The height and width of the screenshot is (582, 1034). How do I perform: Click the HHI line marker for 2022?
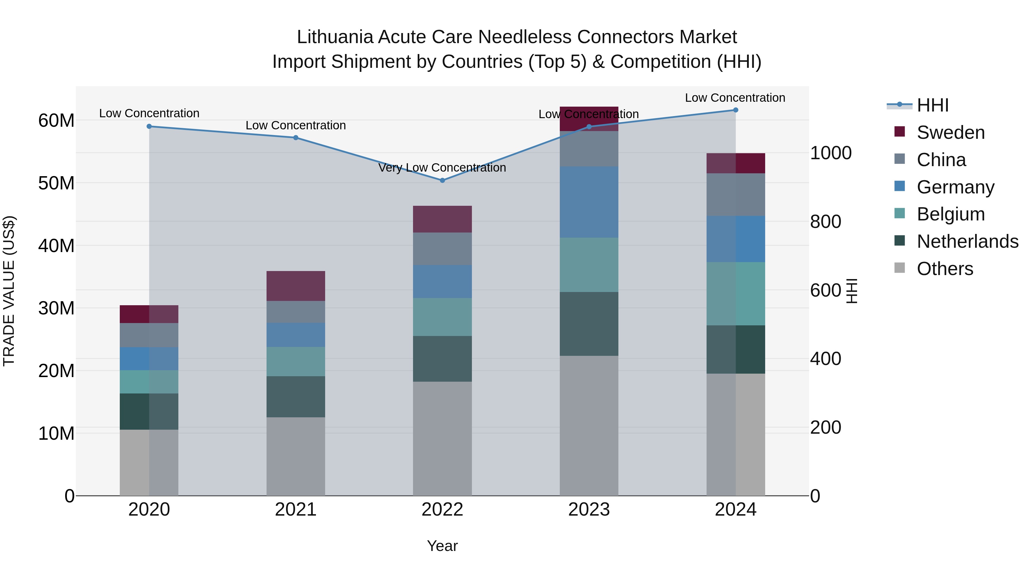pos(442,180)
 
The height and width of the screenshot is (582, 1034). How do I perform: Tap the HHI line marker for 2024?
pos(735,110)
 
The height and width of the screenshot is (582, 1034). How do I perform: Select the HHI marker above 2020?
pos(149,126)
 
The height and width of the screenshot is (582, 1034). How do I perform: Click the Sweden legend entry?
pos(950,132)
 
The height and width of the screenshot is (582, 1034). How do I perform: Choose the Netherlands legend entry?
pos(967,241)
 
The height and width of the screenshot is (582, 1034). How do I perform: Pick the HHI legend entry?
pos(932,105)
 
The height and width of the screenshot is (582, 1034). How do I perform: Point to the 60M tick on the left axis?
pos(56,120)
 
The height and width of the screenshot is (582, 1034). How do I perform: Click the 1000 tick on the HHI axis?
pos(830,153)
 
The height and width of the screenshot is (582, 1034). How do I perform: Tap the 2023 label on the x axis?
pos(589,510)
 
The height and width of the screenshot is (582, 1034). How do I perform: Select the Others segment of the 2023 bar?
pos(589,426)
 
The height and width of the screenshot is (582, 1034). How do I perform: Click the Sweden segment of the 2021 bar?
pos(296,286)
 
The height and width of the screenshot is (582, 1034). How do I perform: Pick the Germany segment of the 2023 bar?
pos(589,202)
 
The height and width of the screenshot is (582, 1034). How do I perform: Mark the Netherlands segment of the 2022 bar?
pos(442,359)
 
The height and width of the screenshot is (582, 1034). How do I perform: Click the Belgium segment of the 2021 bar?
pos(296,362)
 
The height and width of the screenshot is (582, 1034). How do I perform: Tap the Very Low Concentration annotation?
pos(442,168)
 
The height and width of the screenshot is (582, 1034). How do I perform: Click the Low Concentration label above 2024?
pos(735,98)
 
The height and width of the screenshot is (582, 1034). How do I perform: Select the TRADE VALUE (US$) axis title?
pos(9,291)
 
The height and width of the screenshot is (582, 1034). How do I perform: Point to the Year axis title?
pos(442,546)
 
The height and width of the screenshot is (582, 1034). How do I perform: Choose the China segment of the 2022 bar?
pos(442,249)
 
